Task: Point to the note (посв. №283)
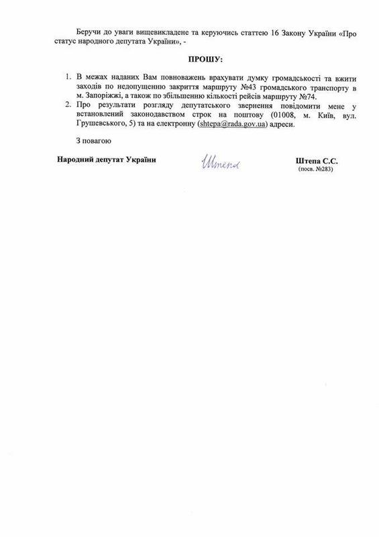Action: point(315,169)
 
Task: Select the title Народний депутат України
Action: point(101,161)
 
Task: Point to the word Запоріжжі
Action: point(111,98)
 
